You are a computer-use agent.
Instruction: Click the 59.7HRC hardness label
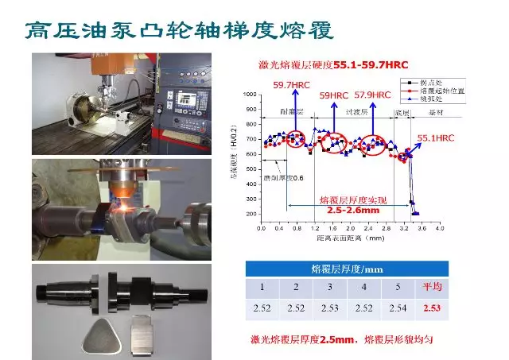291,85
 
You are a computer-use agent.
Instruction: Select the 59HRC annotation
335,95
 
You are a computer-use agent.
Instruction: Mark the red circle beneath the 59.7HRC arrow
294,139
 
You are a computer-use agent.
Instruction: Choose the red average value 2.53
432,308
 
